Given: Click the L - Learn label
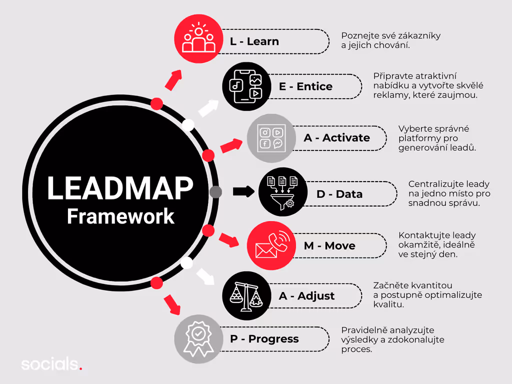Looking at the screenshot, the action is coord(254,41).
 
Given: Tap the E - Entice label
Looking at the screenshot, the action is coord(305,86).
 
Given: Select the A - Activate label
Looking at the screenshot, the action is coord(337,137).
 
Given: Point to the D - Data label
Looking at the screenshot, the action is coord(339,194).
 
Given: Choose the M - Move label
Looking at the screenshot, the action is coord(329,245).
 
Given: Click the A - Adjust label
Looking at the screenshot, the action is coord(306,296).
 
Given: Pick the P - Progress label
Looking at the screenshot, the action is coord(264,339).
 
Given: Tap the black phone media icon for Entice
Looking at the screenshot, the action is coord(246,86).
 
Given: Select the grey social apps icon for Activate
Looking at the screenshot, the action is coord(271,138).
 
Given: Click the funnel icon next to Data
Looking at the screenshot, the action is coord(282,192).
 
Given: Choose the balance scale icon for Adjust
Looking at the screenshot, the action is coord(246,296).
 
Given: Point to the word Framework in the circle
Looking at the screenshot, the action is coord(120,216).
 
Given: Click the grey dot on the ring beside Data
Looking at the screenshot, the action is coord(215,192).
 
